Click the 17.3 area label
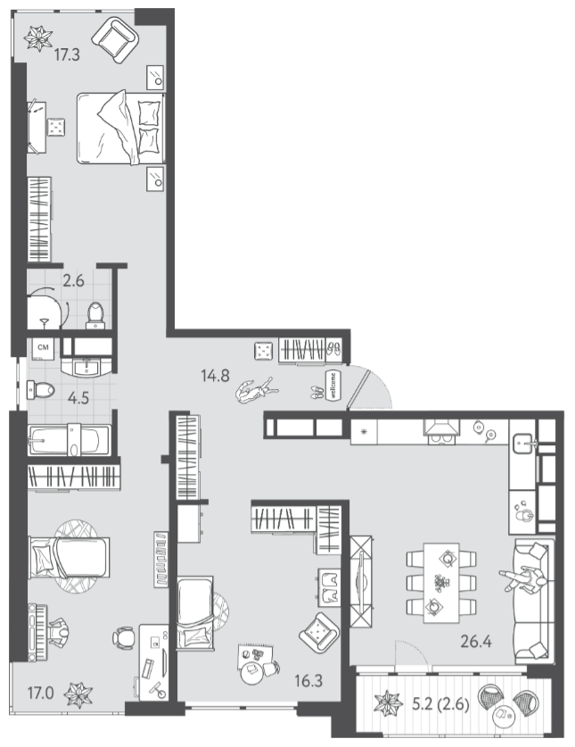(x=67, y=54)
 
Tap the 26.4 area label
(x=476, y=641)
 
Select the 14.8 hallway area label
(x=215, y=376)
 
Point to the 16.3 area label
(x=308, y=681)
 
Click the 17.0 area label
(x=40, y=693)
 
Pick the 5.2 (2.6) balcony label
(x=440, y=703)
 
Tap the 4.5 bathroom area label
(x=78, y=397)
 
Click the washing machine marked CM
(x=43, y=348)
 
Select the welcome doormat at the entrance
(x=333, y=385)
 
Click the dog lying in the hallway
(x=256, y=392)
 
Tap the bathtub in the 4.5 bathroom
(x=70, y=440)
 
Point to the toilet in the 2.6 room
(x=95, y=315)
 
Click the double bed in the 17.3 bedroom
(x=121, y=129)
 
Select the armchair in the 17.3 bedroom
(x=115, y=40)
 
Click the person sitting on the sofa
(x=523, y=579)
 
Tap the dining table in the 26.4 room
(x=441, y=583)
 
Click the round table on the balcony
(x=502, y=714)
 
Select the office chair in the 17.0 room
(x=123, y=637)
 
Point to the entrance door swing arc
(x=378, y=382)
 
